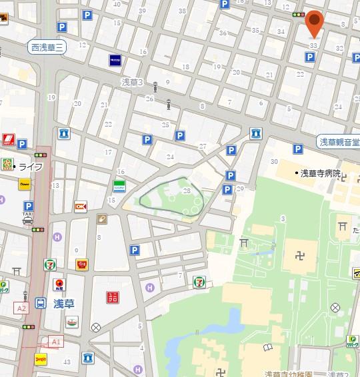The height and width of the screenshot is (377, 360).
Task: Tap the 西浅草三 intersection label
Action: pos(46,47)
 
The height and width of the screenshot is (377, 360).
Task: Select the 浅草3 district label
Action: pos(133,81)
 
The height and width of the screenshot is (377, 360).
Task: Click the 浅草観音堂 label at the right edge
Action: pos(338,142)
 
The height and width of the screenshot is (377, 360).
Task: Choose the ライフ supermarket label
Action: pos(30,166)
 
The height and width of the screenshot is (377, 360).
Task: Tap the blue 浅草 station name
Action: pos(64,304)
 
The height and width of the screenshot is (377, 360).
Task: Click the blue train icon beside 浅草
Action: pos(41,304)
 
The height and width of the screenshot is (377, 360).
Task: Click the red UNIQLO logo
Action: pos(113,297)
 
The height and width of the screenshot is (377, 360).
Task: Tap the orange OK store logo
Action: pos(81,206)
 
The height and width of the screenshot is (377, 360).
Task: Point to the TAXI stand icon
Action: pos(27,219)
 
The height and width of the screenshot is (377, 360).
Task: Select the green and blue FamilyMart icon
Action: pos(119,186)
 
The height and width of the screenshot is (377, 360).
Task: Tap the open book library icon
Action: pos(268,348)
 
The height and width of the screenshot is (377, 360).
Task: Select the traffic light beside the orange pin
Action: pos(299,15)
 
